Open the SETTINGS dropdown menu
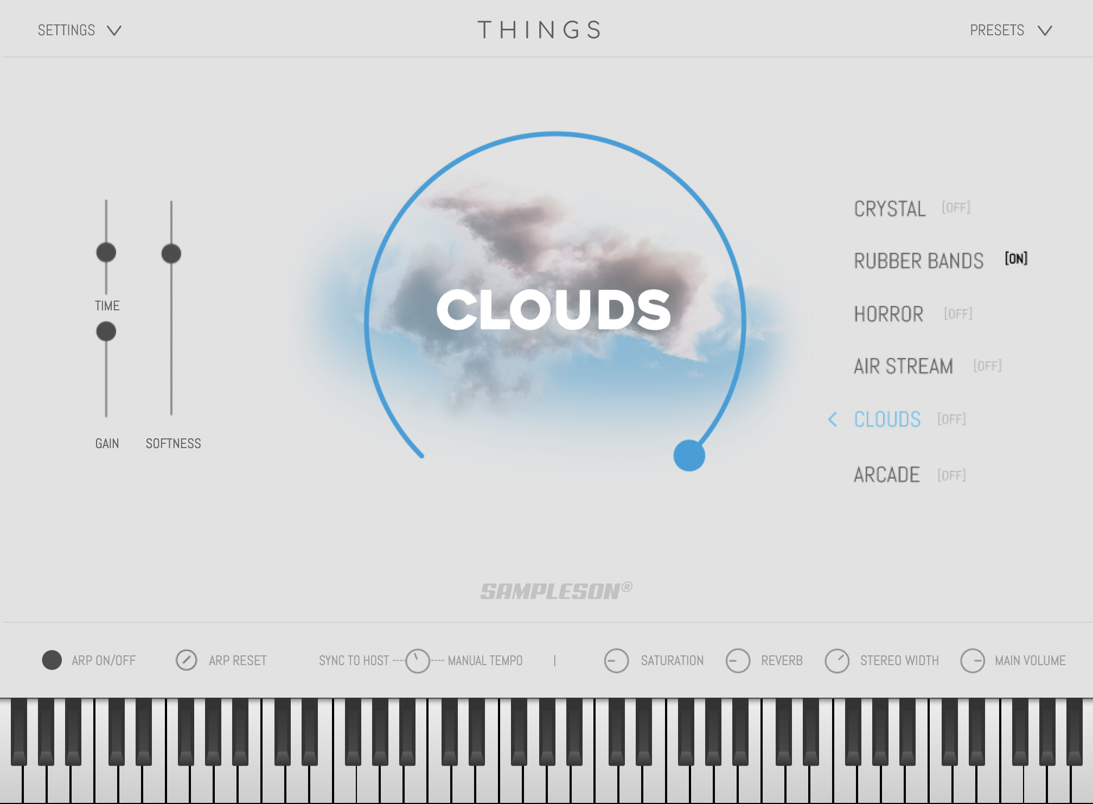point(79,30)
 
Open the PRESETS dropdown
point(1011,30)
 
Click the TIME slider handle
point(106,252)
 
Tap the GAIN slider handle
point(106,331)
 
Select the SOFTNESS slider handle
point(171,253)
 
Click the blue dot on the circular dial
point(689,455)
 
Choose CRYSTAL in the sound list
point(890,209)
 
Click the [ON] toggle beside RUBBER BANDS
point(1016,259)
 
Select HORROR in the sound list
point(889,314)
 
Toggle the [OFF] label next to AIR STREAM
point(987,366)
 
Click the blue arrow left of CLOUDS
point(833,419)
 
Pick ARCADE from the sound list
point(887,475)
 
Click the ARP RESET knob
point(187,660)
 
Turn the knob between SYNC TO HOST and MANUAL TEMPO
point(418,661)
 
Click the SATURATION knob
point(616,661)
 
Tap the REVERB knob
point(738,661)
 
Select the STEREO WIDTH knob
point(837,661)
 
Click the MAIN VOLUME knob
point(973,661)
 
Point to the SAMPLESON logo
point(556,591)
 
